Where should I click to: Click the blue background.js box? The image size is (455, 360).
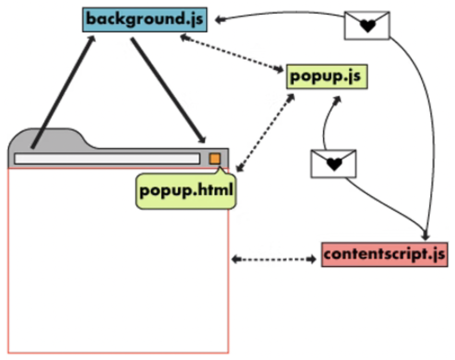(145, 20)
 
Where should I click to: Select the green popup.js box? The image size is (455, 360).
(326, 77)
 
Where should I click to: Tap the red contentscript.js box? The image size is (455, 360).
(384, 255)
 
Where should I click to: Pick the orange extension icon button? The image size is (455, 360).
(215, 159)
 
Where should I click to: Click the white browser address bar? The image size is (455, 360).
(107, 159)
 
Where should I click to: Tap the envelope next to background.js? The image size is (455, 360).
(367, 25)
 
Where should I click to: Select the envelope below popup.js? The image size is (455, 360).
(333, 163)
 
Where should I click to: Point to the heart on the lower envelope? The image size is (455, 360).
(333, 165)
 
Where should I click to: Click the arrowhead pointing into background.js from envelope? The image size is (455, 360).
(220, 20)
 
